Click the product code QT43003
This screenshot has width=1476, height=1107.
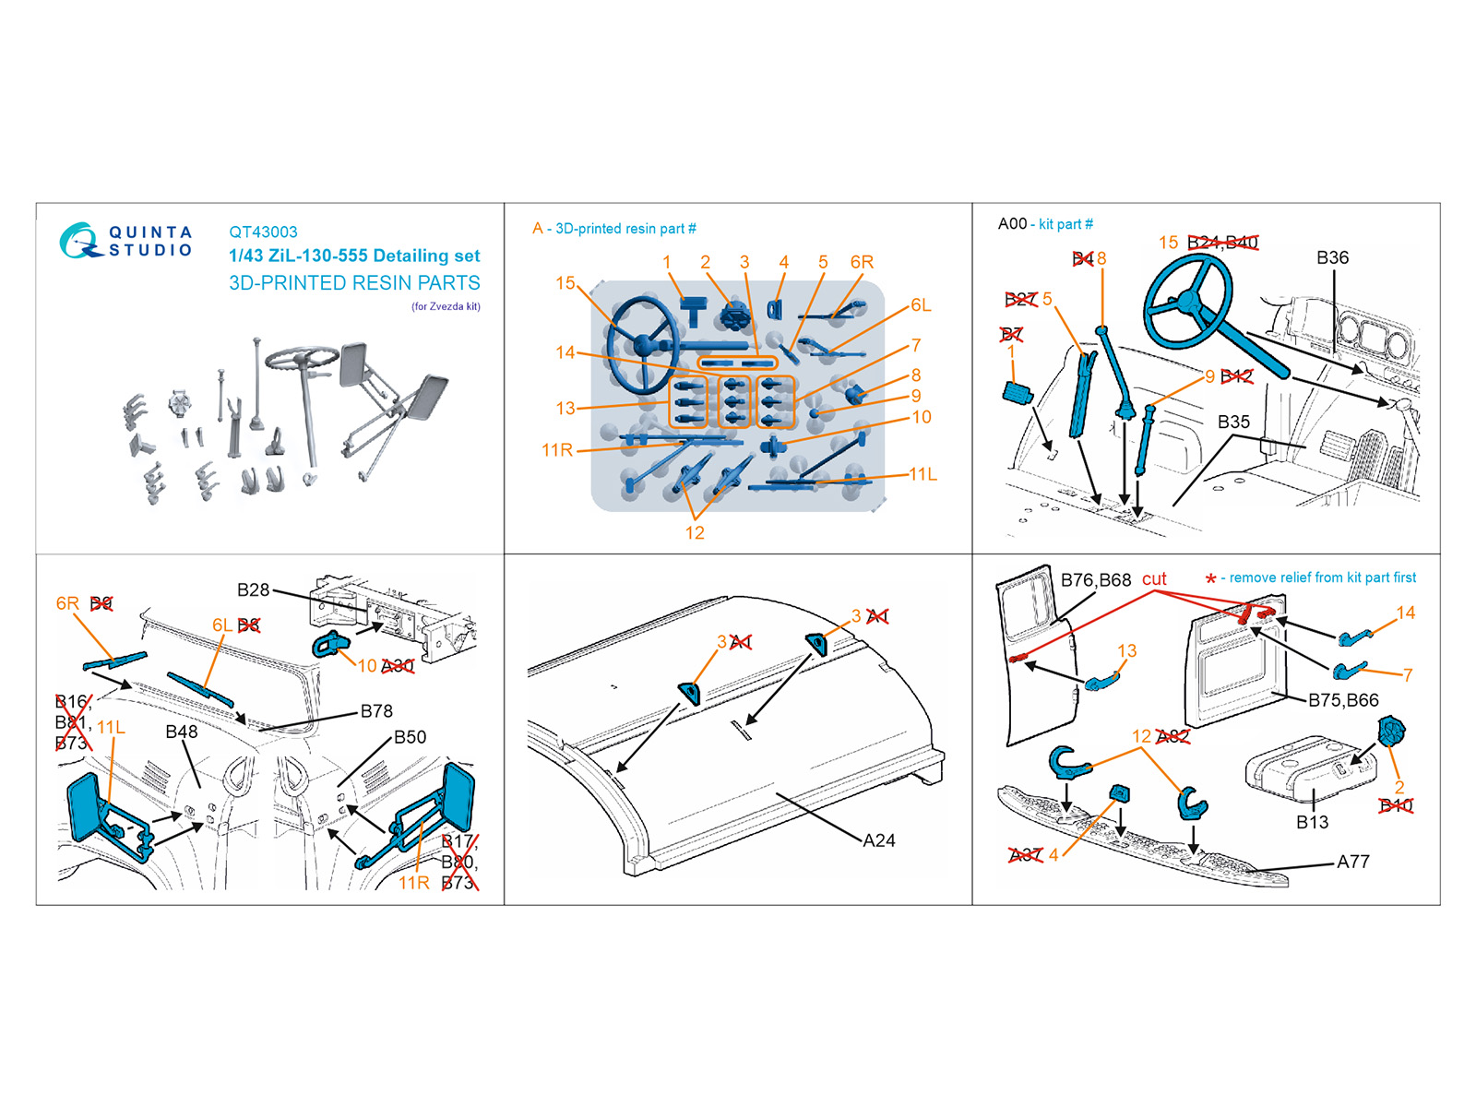point(263,232)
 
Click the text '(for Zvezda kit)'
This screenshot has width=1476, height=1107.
point(446,306)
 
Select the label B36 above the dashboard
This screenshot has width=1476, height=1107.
point(1332,257)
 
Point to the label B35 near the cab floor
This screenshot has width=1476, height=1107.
point(1233,422)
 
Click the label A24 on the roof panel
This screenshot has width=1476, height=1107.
point(878,840)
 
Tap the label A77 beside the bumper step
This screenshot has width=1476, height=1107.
point(1352,862)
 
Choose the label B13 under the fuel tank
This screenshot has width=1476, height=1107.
point(1312,822)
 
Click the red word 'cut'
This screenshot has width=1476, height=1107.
point(1154,579)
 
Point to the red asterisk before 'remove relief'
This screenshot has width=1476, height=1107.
point(1210,579)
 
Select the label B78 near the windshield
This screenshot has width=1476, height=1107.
point(376,711)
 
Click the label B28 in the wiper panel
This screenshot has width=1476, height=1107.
point(253,590)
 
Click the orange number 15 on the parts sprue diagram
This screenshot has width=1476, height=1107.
point(565,283)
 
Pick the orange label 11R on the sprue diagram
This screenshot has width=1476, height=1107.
point(557,450)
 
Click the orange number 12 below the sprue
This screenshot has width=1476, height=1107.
point(695,533)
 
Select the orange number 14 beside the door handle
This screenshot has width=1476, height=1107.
point(1405,613)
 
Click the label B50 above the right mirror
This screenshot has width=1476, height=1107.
point(410,737)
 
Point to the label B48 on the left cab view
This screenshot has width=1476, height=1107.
point(182,732)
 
